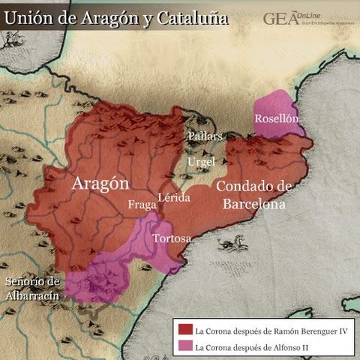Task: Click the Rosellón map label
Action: pyautogui.click(x=277, y=118)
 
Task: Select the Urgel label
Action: pyautogui.click(x=201, y=161)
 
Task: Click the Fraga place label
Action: pyautogui.click(x=142, y=204)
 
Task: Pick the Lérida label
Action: pyautogui.click(x=175, y=198)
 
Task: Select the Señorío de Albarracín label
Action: pyautogui.click(x=31, y=288)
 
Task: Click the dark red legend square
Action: pyautogui.click(x=184, y=329)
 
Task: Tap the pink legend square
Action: pyautogui.click(x=184, y=346)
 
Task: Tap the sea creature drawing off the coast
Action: pyautogui.click(x=233, y=244)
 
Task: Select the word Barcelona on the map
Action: pyautogui.click(x=254, y=203)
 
